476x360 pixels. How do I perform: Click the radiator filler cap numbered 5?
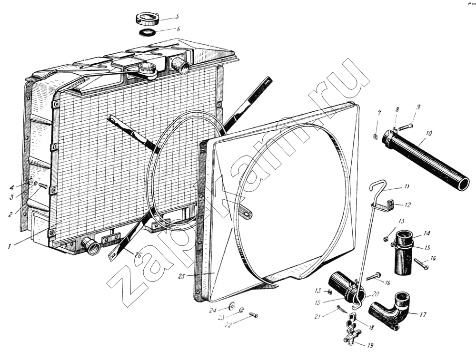(x=147, y=20)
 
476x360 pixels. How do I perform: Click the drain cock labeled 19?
(x=350, y=336)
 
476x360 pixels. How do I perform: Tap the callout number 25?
(x=181, y=276)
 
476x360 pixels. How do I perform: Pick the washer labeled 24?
(x=232, y=305)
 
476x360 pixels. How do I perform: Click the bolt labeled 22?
(x=253, y=315)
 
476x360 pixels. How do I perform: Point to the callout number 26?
(x=138, y=255)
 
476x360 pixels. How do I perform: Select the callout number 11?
(x=406, y=186)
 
